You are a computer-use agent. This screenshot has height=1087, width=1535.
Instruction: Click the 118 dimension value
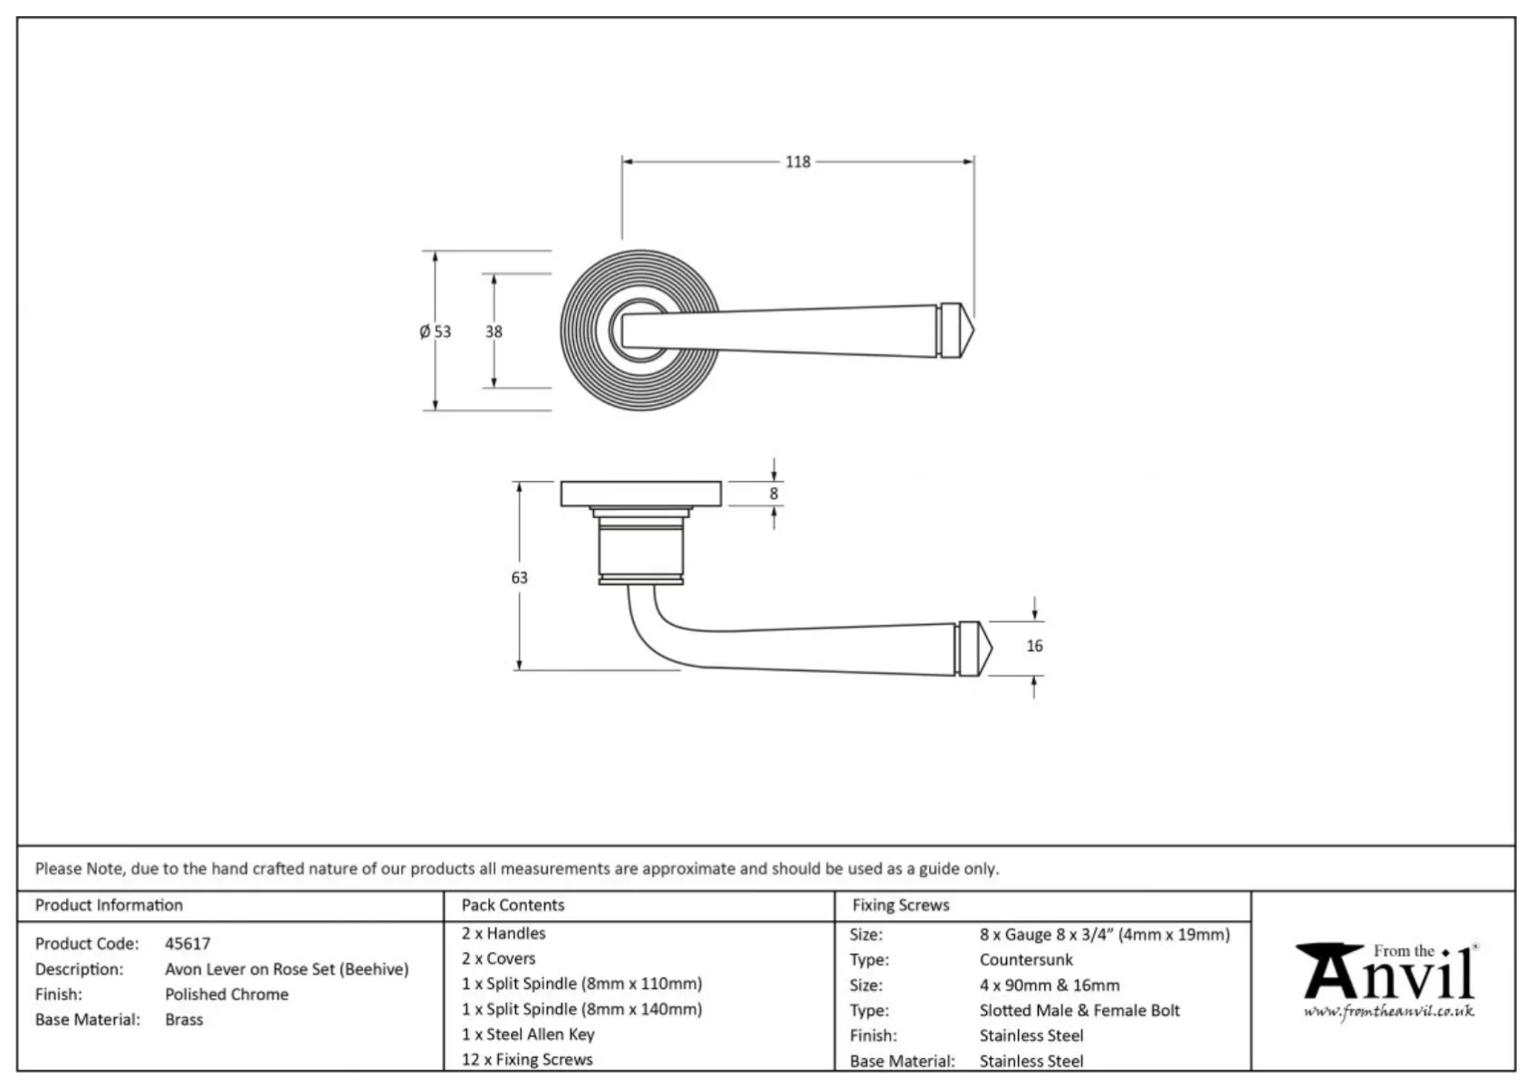coord(797,162)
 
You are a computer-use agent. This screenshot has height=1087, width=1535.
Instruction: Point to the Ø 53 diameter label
coord(435,332)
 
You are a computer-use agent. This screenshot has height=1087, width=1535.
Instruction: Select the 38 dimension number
coord(494,332)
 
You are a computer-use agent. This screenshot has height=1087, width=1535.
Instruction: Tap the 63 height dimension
coord(519,578)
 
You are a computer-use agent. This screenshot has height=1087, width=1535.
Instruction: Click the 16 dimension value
coord(1034,646)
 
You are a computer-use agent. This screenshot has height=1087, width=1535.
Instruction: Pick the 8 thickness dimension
coord(773,494)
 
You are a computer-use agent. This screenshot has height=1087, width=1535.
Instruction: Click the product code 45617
coord(187,944)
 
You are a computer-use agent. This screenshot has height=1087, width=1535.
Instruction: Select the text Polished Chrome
coord(226,995)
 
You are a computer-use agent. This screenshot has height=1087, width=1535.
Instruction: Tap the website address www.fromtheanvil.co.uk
coord(1388,1012)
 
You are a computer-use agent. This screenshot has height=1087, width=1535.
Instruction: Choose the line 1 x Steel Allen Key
coord(528,1034)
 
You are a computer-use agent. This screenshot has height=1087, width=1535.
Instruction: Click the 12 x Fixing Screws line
coord(527,1060)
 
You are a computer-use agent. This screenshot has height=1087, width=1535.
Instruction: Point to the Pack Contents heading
coord(513,905)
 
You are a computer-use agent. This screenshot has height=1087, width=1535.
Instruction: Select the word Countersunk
coord(1026,960)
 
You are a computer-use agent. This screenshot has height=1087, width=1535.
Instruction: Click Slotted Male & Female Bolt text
coord(1079,1011)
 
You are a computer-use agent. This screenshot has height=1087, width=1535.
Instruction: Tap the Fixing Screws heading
coord(900,905)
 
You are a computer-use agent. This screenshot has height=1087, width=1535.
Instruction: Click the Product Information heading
coord(109,905)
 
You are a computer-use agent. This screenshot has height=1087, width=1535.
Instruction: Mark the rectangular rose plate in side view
coord(640,495)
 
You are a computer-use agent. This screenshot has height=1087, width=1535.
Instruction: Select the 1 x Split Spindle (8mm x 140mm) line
coord(581,1009)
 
